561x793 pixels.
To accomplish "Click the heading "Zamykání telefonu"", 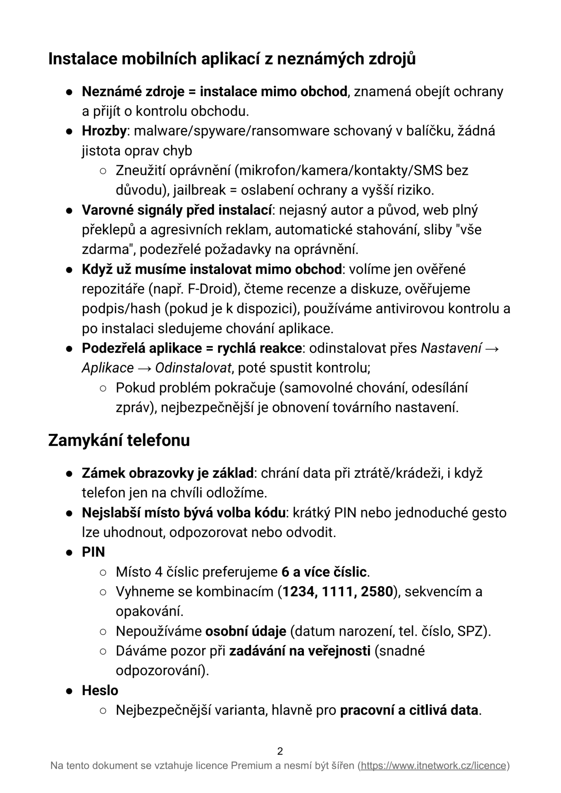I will tap(119, 440).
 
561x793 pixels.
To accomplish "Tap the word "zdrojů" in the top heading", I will tap(392, 59).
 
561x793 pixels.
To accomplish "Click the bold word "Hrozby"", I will tap(104, 131).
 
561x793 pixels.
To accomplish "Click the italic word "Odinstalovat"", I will tap(193, 368).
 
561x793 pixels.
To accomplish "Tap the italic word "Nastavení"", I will tap(451, 348).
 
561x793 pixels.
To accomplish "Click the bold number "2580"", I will tap(376, 591).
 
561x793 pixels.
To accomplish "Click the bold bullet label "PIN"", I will tap(93, 552).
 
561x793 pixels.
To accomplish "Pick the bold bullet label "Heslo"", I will tap(100, 691).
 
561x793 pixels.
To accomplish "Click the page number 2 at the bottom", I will tap(280, 751).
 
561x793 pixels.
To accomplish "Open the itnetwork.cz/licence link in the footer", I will tap(434, 766).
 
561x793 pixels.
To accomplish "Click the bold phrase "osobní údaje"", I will tap(246, 631).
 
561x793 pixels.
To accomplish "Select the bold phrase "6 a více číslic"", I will tap(324, 572).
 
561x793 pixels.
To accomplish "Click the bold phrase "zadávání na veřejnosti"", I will tap(300, 651).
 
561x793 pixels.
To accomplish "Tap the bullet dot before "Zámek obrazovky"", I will tap(69, 473).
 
